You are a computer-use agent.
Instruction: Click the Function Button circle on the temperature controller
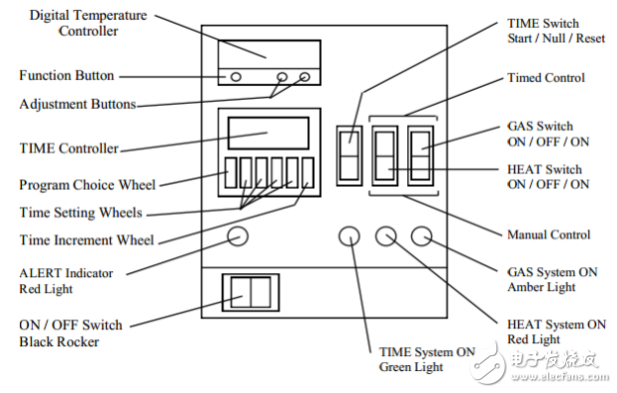[x=236, y=77]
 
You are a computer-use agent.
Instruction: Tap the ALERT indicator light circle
[x=238, y=236]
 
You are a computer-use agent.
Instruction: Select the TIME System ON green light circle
[x=349, y=236]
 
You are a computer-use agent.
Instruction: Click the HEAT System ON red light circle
[x=385, y=236]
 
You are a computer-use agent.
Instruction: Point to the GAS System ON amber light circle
[x=421, y=236]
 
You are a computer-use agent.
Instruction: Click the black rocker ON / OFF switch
[x=251, y=292]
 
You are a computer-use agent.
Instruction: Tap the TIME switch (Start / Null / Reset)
[x=349, y=156]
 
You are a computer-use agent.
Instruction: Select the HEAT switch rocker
[x=384, y=156]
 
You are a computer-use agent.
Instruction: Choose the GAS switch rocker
[x=420, y=156]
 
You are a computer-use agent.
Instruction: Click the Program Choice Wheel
[x=231, y=173]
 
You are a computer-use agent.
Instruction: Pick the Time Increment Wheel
[x=308, y=173]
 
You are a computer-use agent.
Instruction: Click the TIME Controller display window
[x=269, y=133]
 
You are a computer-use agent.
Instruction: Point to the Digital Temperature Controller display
[x=270, y=54]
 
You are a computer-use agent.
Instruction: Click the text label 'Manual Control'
[x=548, y=234]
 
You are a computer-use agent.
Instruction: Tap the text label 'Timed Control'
[x=546, y=78]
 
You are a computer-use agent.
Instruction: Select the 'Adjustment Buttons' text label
[x=78, y=104]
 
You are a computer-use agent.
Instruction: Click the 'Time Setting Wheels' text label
[x=81, y=212]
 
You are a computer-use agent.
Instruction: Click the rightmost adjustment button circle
[x=305, y=77]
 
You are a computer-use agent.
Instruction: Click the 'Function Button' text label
[x=67, y=75]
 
